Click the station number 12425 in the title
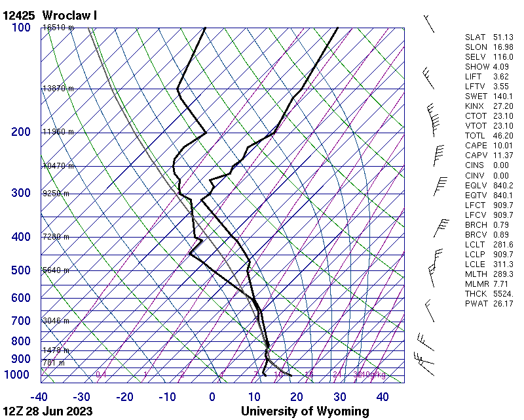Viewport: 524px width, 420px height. (x=19, y=15)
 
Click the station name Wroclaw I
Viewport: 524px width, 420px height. (x=69, y=15)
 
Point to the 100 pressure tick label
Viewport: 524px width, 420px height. (x=20, y=28)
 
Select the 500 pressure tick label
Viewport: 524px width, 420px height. (x=20, y=270)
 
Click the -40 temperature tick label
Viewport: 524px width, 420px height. (x=39, y=397)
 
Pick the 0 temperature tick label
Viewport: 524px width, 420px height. (x=212, y=397)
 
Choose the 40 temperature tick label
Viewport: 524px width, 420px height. (x=383, y=397)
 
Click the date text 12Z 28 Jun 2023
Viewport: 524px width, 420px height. (x=47, y=411)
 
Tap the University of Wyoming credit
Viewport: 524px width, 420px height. (x=305, y=411)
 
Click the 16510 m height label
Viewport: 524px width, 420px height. (x=58, y=28)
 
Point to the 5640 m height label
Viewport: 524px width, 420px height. (x=56, y=270)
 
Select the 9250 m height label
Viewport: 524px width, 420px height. (x=56, y=194)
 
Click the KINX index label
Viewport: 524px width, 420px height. (x=475, y=106)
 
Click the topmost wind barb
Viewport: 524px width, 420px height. (x=429, y=23)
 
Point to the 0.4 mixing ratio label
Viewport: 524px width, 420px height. (x=102, y=375)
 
